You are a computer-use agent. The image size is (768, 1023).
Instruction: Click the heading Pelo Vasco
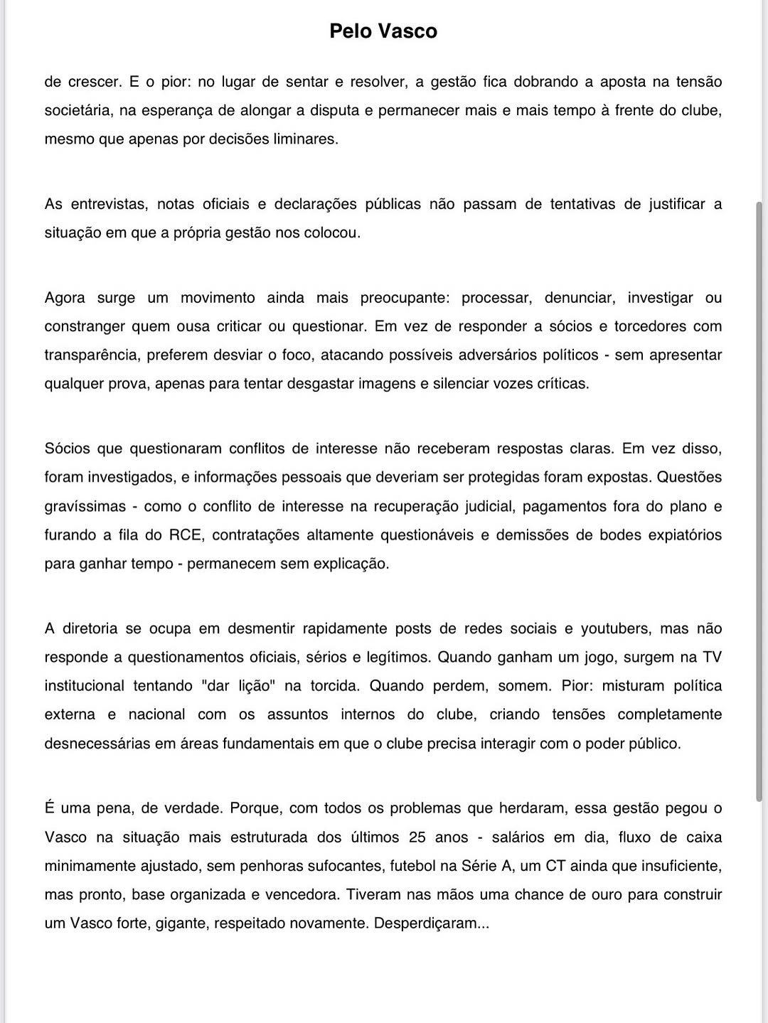pos(383,31)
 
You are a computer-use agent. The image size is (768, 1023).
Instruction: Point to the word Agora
pos(65,298)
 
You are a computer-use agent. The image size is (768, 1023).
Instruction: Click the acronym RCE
pos(185,535)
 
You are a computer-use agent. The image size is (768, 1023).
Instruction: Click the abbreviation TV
pos(712,657)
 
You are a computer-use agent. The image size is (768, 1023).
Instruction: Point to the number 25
pos(417,837)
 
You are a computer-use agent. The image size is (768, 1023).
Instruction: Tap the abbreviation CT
pos(555,866)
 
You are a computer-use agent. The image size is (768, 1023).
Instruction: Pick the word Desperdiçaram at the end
pos(431,923)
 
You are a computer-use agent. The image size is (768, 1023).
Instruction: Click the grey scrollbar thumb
pos(759,498)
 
